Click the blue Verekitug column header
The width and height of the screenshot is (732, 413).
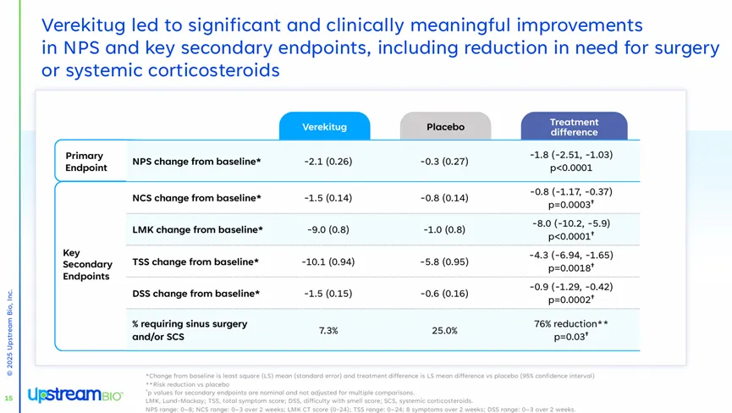pos(325,127)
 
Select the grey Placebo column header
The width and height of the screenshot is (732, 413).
pos(445,127)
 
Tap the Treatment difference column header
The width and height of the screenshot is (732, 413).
pos(574,127)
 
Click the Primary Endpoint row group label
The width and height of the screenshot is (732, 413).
pos(85,161)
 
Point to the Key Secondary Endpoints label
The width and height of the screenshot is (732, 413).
pos(86,264)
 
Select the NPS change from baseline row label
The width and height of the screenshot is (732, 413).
pos(196,162)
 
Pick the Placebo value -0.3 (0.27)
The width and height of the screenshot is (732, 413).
pos(444,162)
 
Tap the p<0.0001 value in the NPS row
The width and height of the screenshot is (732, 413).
pos(570,168)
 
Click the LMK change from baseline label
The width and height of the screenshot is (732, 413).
pos(197,229)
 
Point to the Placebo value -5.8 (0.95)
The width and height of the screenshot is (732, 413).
pos(444,262)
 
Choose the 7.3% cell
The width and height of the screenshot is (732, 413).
pos(328,330)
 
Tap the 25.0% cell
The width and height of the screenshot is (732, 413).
pos(444,330)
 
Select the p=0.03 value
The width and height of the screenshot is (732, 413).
pos(570,337)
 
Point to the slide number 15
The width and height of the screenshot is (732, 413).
pos(8,398)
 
